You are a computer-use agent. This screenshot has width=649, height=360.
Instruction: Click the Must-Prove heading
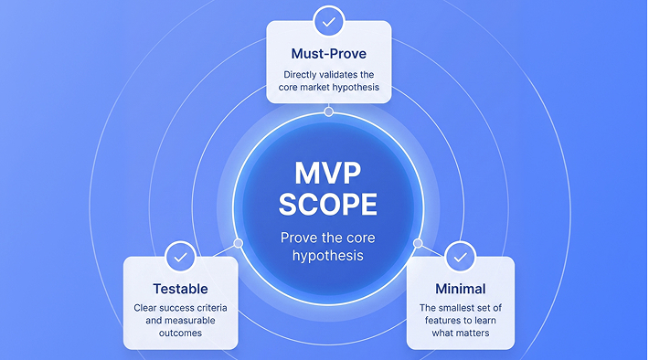[329, 54]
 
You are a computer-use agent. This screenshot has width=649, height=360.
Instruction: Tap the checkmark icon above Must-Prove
[329, 22]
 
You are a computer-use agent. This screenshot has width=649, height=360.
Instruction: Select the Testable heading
[180, 289]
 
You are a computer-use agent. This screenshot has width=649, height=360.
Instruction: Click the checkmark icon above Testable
[180, 258]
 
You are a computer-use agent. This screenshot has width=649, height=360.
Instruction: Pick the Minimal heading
[461, 289]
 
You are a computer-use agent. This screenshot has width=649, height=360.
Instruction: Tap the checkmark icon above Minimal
[461, 258]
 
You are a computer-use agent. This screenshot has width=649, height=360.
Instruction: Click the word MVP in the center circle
[328, 174]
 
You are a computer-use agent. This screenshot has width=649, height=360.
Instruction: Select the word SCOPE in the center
[328, 205]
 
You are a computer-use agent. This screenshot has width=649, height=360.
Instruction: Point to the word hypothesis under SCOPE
[328, 256]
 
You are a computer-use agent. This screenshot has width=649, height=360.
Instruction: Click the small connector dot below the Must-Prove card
[329, 111]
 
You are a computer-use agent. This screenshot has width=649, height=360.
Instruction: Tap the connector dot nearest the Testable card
[238, 243]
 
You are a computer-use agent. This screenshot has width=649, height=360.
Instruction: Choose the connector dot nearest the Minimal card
[418, 243]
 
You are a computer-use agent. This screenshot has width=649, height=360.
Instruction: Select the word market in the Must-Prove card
[314, 88]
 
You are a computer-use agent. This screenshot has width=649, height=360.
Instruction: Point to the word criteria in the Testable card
[212, 308]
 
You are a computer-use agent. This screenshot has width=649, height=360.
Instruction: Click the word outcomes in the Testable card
[180, 334]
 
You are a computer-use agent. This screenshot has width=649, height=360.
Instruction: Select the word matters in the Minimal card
[473, 334]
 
